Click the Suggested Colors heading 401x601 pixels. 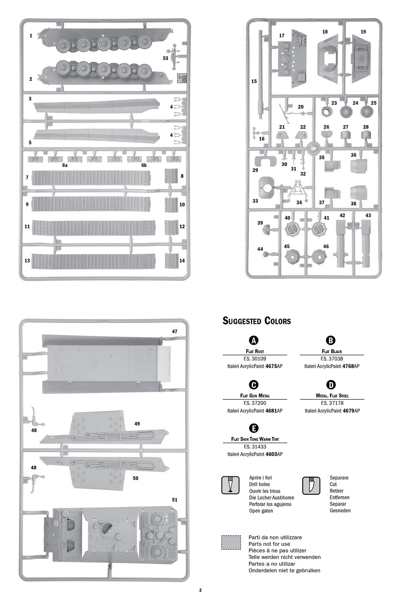[x=257, y=321]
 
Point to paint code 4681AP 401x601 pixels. [x=274, y=411]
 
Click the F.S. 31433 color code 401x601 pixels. [x=255, y=447]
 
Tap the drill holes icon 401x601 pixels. [x=230, y=485]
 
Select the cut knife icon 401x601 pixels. [x=311, y=485]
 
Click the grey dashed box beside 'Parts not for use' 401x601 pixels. [x=231, y=542]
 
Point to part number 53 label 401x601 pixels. [x=165, y=58]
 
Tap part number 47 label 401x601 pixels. [x=174, y=332]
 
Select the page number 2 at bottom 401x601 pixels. [x=200, y=590]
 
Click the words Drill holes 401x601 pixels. [x=259, y=484]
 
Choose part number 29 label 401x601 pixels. [x=255, y=170]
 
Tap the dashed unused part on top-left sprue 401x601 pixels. [x=182, y=78]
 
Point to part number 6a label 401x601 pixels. [x=65, y=165]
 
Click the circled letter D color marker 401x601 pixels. [x=331, y=384]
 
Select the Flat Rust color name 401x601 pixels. [x=255, y=352]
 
